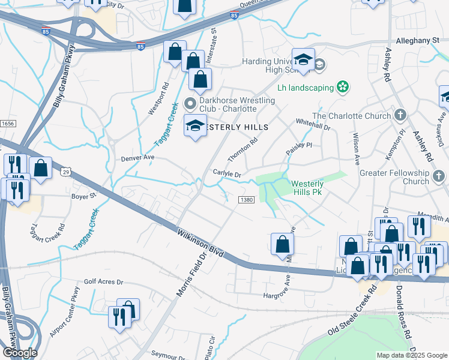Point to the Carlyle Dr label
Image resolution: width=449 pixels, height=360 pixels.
(x=227, y=174)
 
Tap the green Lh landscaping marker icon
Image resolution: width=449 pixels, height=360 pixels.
(x=343, y=88)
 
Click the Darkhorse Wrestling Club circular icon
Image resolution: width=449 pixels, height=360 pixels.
(x=191, y=101)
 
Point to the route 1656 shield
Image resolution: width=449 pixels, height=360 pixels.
(x=7, y=122)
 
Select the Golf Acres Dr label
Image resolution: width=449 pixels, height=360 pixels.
(x=103, y=281)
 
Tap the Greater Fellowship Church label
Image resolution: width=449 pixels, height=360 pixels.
(x=394, y=177)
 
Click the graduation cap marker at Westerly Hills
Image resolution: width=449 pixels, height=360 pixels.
(x=194, y=125)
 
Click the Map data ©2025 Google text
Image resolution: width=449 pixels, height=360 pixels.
(x=412, y=355)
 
